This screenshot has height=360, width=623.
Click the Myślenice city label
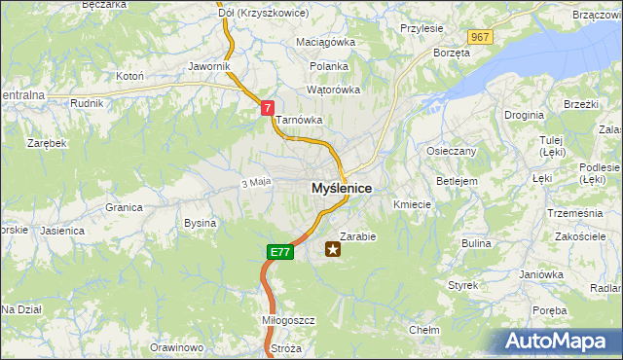pos(341,188)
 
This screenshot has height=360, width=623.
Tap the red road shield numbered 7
pos(266,110)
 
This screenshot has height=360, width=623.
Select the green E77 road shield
pos(279,252)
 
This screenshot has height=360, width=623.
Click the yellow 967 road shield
pos(479,36)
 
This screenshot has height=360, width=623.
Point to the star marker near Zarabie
pos(334,249)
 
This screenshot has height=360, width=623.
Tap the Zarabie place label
pos(357,235)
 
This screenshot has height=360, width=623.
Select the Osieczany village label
pos(452,151)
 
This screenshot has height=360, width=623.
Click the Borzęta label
pos(452,53)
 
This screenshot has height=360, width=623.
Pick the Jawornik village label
pos(209,66)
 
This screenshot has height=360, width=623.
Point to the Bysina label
pos(200,223)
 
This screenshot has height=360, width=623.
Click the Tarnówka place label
pos(298,121)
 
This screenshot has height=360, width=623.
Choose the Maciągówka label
pos(326,43)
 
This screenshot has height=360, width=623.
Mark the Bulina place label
pos(476,242)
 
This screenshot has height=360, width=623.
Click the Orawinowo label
pos(176,347)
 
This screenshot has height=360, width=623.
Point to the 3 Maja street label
pos(255,182)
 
